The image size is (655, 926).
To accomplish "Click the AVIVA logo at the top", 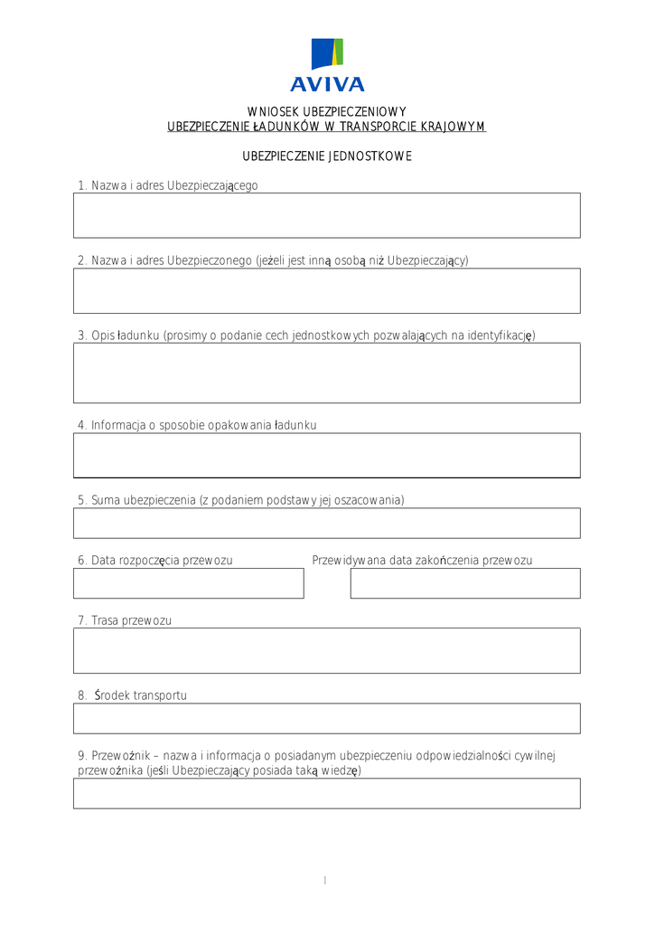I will [x=327, y=65].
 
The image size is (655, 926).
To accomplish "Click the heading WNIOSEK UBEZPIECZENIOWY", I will [x=327, y=111].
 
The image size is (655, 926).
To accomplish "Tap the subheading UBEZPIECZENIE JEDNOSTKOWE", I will [x=327, y=156].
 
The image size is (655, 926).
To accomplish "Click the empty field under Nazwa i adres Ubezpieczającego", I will [x=327, y=215].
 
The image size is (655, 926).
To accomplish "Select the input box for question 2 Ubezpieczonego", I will [x=327, y=290].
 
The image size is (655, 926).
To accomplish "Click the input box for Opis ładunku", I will [x=327, y=373].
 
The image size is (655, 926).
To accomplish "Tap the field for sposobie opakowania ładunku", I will [x=327, y=455].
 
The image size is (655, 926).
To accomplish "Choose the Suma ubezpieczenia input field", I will [x=327, y=523].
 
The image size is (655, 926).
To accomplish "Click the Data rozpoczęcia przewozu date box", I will [x=189, y=583].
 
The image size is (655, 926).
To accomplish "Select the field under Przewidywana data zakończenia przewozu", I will [x=465, y=583].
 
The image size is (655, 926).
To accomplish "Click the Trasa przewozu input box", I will [x=327, y=650].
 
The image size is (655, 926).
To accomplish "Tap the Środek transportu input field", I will [x=327, y=718].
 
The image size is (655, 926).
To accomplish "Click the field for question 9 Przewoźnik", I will [x=327, y=793].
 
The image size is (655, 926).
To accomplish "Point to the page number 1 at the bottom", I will [x=324, y=881].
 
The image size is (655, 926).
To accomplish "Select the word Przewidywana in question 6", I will [x=349, y=561].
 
